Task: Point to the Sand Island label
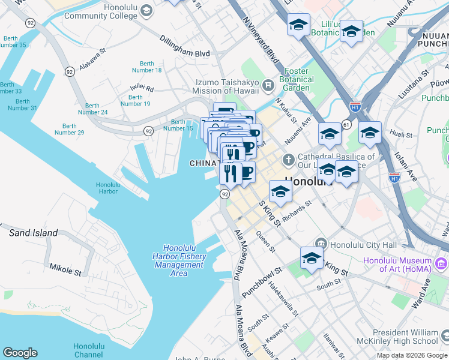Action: coord(33,233)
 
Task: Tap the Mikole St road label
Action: coord(65,268)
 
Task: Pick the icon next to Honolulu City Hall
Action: coord(322,244)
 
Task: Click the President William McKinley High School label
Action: coord(411,337)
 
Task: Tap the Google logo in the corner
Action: coord(20,353)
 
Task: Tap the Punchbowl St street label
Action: coord(261,283)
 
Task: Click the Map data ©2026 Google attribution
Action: coord(411,355)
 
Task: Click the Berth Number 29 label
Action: coord(70,129)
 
